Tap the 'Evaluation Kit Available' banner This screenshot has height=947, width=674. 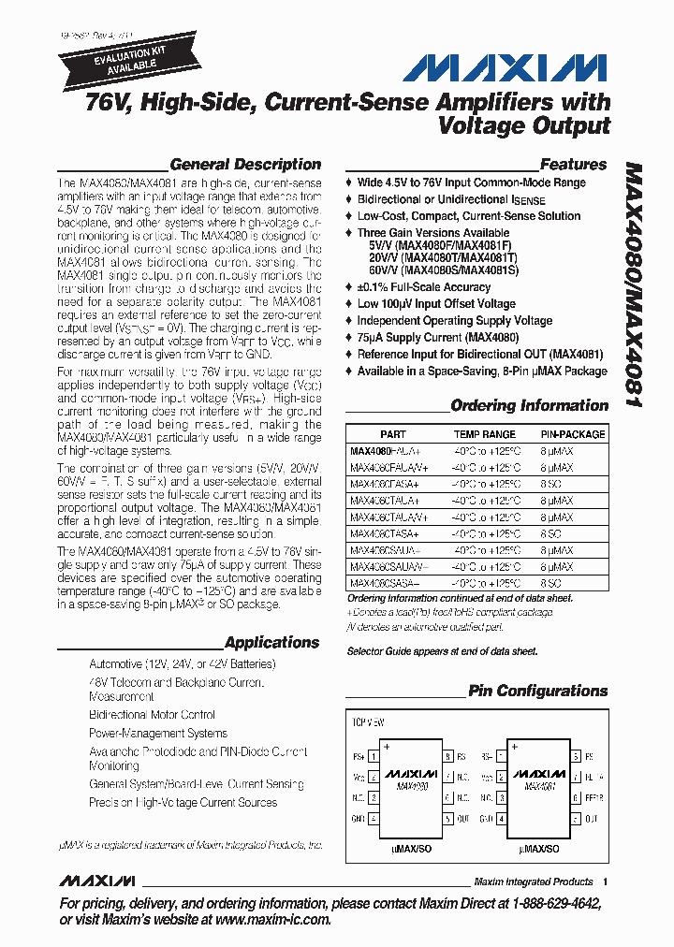[105, 61]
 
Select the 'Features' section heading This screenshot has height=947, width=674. [573, 164]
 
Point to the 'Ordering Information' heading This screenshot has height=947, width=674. [529, 405]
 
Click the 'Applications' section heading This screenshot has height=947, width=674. [271, 643]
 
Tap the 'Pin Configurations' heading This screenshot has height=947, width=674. [537, 691]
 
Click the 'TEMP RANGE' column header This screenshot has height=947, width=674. [484, 434]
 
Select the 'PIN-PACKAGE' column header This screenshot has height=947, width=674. [573, 434]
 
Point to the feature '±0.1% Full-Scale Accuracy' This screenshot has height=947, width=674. [423, 287]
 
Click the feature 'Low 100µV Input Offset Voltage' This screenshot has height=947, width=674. [436, 304]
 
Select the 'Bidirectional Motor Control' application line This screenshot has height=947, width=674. [152, 715]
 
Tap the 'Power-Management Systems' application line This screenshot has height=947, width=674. [157, 734]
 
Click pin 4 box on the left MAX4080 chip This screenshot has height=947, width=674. [374, 818]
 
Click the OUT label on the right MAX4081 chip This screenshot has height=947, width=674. [591, 818]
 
